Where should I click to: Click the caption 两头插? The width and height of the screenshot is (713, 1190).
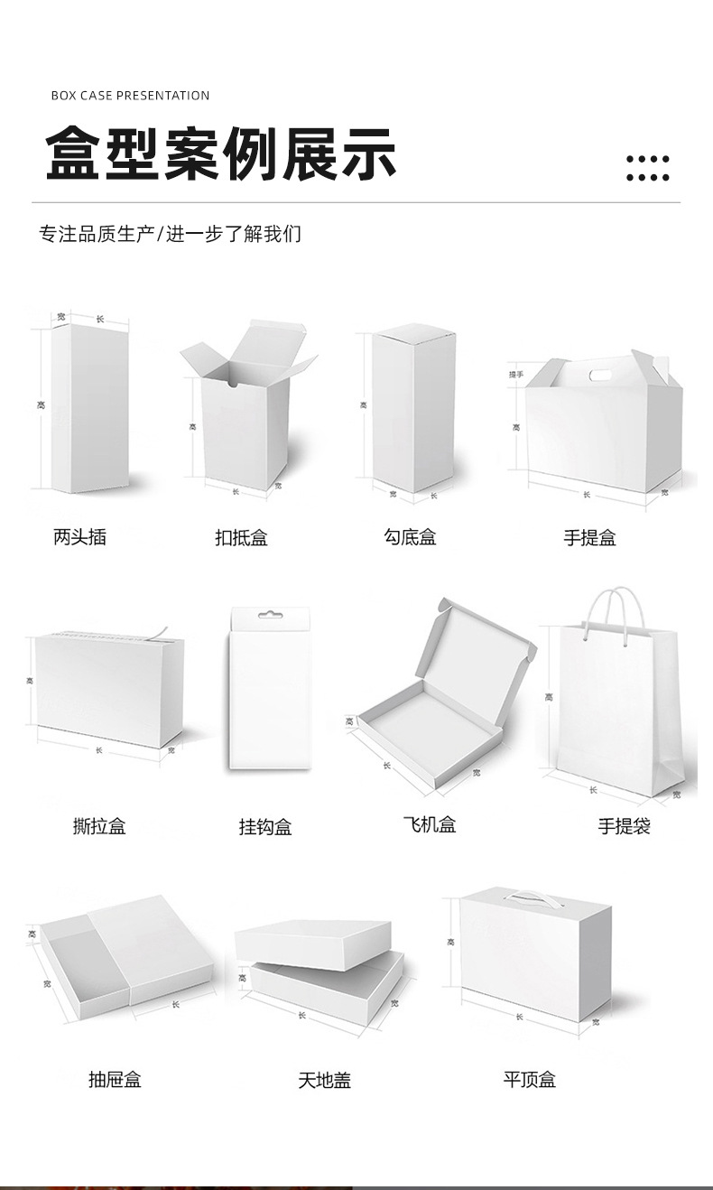pyautogui.click(x=79, y=537)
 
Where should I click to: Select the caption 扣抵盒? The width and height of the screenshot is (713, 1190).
pyautogui.click(x=241, y=538)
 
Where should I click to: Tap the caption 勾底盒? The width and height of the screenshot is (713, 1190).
pyautogui.click(x=410, y=537)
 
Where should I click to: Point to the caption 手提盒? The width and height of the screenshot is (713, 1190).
pyautogui.click(x=589, y=538)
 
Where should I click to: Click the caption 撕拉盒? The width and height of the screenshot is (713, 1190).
pyautogui.click(x=99, y=825)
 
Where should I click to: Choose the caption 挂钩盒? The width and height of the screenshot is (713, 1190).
pyautogui.click(x=265, y=826)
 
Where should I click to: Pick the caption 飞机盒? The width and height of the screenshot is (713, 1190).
pyautogui.click(x=430, y=824)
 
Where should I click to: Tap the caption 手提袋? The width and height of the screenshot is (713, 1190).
pyautogui.click(x=624, y=825)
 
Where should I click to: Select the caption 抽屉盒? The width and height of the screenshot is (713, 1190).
pyautogui.click(x=115, y=1079)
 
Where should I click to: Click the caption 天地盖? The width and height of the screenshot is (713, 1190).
pyautogui.click(x=324, y=1080)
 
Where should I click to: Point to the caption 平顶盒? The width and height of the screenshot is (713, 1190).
pyautogui.click(x=530, y=1079)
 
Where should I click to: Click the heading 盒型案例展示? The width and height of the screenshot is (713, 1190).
pyautogui.click(x=221, y=153)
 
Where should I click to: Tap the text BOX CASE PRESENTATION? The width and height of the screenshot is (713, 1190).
pyautogui.click(x=130, y=96)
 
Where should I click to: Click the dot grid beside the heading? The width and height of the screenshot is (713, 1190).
pyautogui.click(x=647, y=168)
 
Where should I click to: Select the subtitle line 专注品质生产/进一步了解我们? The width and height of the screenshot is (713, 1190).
pyautogui.click(x=170, y=234)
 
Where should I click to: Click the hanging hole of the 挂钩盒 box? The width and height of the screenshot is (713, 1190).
pyautogui.click(x=270, y=616)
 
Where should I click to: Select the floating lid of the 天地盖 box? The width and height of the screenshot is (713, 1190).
pyautogui.click(x=313, y=943)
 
